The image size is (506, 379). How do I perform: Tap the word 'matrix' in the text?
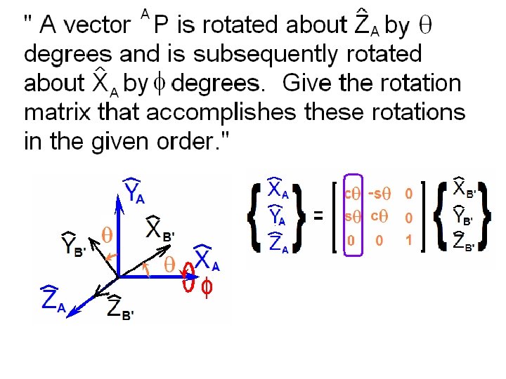point(58,112)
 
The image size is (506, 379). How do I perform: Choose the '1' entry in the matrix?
point(408,241)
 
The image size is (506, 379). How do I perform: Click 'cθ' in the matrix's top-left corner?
point(351,192)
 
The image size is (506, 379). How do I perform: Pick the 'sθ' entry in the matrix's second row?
point(351,217)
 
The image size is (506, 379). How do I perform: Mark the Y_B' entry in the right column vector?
point(465,216)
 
